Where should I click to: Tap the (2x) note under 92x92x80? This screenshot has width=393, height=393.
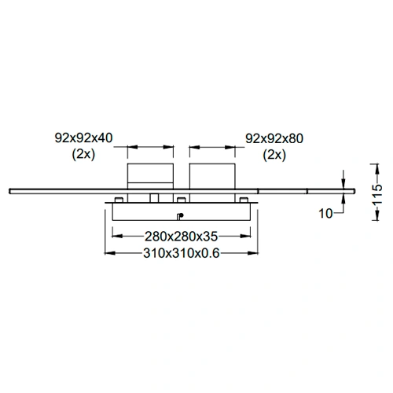pyautogui.click(x=274, y=154)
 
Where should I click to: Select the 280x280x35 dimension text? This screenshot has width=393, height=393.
pyautogui.click(x=181, y=235)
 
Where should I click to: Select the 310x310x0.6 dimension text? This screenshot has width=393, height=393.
pyautogui.click(x=181, y=253)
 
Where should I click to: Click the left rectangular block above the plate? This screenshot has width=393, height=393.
pyautogui.click(x=150, y=175)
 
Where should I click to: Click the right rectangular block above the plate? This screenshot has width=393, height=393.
pyautogui.click(x=211, y=175)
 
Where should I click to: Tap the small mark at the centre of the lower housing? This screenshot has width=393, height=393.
pyautogui.click(x=180, y=215)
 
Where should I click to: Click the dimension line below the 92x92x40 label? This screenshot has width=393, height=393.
pyautogui.click(x=150, y=146)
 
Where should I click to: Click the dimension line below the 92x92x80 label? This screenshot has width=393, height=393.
pyautogui.click(x=211, y=146)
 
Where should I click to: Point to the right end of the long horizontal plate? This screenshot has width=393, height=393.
pyautogui.click(x=350, y=189)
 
